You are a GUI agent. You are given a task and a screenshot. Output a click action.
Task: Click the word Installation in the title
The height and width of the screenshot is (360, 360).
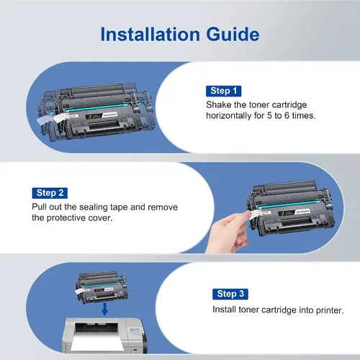point(150,35)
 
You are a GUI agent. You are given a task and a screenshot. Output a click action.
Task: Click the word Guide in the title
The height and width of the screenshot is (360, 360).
point(233,35)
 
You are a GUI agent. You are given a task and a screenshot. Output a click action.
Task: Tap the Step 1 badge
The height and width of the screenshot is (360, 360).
point(223,91)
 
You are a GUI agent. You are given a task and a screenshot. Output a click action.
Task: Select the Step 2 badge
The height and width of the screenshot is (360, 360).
point(50,193)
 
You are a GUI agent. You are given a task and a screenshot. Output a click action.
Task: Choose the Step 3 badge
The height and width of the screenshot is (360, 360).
point(230,294)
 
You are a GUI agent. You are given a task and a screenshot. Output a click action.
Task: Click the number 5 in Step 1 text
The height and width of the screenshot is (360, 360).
point(269,116)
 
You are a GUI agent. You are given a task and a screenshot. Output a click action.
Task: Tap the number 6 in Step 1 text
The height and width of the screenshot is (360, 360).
point(287,116)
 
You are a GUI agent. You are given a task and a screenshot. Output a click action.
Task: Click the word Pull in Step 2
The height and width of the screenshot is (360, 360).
point(39,207)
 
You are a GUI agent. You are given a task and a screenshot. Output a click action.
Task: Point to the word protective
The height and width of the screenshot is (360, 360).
point(66,218)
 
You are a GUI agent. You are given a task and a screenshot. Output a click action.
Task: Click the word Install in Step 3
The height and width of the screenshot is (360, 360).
point(224,310)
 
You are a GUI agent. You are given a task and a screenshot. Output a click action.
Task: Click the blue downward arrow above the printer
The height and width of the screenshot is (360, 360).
point(104,309)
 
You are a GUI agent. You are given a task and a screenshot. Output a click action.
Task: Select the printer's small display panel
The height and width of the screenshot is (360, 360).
point(135,330)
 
